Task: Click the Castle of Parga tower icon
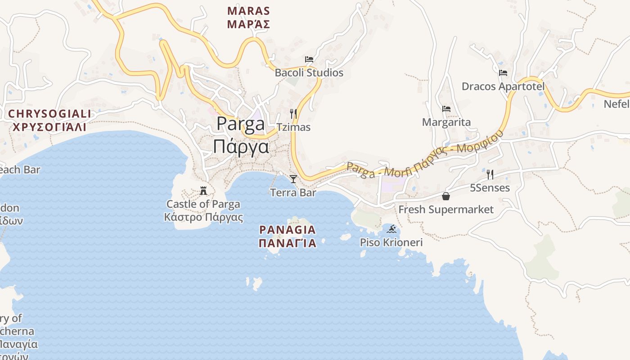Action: (203, 191)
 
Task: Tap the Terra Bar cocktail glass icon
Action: (293, 179)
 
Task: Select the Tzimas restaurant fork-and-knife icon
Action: (293, 113)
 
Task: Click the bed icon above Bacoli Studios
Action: (309, 59)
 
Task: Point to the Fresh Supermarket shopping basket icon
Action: (446, 196)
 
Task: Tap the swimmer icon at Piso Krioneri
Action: (391, 229)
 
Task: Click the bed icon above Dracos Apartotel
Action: (503, 73)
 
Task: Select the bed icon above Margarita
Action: (446, 109)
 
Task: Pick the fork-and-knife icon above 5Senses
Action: (490, 175)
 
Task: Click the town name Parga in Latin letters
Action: (241, 124)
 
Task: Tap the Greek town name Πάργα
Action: (241, 147)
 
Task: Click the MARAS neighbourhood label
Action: (248, 11)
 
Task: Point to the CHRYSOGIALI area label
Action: (49, 114)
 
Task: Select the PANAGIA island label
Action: (288, 230)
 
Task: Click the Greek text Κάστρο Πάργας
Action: (203, 217)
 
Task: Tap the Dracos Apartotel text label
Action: (503, 86)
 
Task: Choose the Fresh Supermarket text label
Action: (446, 210)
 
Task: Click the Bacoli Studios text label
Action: (309, 73)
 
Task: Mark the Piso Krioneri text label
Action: (391, 243)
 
